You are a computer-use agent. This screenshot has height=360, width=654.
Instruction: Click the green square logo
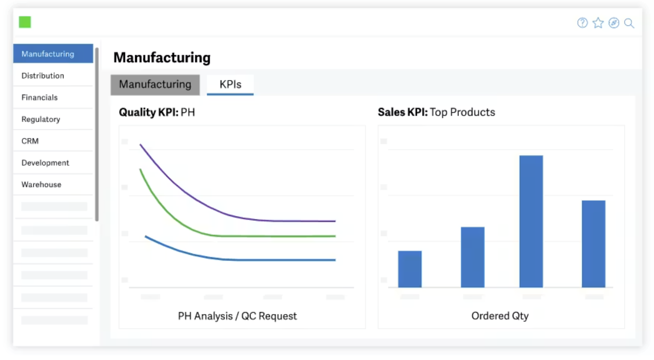pos(25,22)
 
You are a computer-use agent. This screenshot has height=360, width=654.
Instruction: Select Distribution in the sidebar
pos(43,76)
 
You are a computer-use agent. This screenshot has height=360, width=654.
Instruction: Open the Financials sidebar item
pos(40,98)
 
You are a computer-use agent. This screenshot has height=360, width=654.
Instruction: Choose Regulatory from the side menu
pos(41,119)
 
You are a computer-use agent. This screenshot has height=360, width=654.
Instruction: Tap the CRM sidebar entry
pos(30,141)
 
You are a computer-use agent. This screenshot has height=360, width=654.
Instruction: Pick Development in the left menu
pos(45,163)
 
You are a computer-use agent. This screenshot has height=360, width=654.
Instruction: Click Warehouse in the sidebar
pos(41,185)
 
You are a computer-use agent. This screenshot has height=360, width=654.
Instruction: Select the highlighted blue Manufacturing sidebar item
pos(53,53)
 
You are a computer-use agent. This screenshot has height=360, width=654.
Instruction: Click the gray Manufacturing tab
pos(155,85)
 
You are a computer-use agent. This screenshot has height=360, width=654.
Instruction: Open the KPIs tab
pos(230,85)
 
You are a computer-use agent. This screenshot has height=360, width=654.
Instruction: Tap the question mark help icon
pos(582,23)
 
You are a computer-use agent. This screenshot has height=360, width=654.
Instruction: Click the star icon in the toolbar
pos(598,23)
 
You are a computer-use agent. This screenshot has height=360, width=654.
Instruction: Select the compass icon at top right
pos(614,23)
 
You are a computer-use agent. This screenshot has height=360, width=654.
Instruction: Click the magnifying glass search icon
pos(629,23)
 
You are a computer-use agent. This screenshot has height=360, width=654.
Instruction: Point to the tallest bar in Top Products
pos(531,221)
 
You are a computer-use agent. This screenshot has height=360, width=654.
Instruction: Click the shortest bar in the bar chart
pos(410,269)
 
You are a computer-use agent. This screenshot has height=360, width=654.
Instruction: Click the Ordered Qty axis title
pos(500,316)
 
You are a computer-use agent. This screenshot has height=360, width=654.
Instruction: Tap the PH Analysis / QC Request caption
pos(237,316)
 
